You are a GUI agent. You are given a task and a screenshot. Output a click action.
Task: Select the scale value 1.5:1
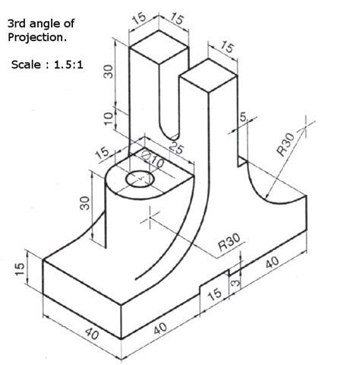[68, 65]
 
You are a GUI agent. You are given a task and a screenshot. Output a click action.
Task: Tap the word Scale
[26, 65]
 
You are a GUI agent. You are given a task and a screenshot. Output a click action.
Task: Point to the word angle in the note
[44, 24]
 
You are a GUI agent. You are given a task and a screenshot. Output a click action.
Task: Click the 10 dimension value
[109, 119]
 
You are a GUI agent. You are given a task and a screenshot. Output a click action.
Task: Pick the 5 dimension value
[243, 117]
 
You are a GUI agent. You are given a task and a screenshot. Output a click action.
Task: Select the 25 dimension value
[175, 148]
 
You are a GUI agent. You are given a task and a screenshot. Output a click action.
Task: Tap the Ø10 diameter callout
[153, 159]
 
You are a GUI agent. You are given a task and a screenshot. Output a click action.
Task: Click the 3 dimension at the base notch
[235, 282]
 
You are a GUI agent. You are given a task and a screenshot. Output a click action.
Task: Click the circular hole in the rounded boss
[140, 179]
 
